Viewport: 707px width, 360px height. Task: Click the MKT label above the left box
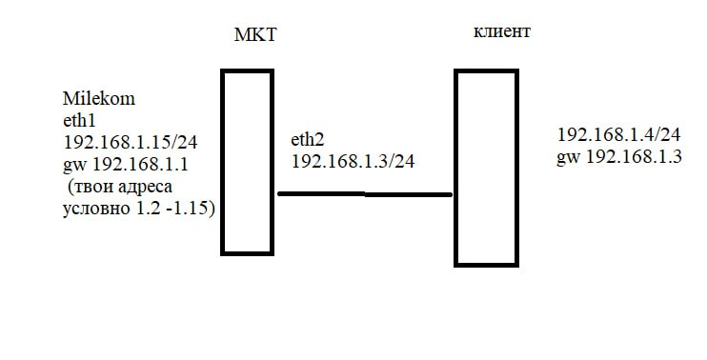tap(254, 35)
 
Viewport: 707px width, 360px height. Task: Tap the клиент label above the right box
tap(502, 31)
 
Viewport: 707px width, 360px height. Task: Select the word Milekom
tap(99, 99)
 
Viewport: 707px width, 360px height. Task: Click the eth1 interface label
tap(79, 121)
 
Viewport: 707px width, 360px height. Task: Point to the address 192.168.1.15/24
tap(131, 142)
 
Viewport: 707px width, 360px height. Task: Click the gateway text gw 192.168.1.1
tap(126, 165)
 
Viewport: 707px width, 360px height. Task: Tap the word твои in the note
tap(92, 188)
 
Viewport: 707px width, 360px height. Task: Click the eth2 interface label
tap(308, 140)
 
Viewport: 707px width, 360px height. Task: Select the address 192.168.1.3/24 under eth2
tap(353, 162)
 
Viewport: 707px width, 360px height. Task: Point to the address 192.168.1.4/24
tap(618, 134)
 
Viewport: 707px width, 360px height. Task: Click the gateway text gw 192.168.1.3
tap(618, 157)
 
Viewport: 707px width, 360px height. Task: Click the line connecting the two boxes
tap(365, 194)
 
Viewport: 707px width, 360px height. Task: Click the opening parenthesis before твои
tap(71, 188)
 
